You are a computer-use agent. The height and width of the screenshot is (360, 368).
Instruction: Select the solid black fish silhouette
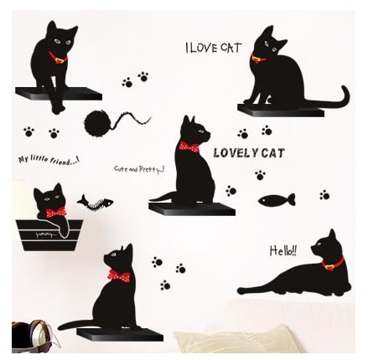coord(276,199)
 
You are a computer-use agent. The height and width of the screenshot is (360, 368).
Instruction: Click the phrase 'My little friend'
coord(47,159)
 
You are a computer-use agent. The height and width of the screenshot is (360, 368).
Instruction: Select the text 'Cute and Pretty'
coord(139,168)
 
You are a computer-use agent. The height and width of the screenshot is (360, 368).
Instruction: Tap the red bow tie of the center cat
coord(187,148)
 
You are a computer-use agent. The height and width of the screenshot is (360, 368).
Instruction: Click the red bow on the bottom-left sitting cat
coord(112,277)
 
